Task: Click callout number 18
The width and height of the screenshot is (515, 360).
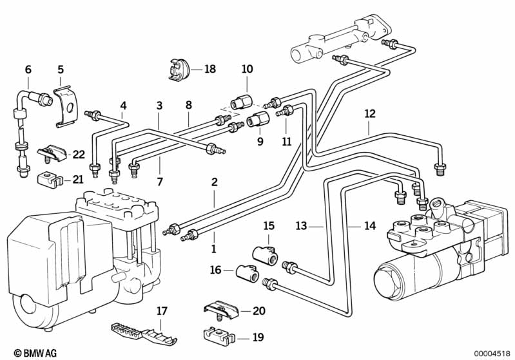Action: (211, 69)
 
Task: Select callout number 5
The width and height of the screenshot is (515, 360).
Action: (61, 69)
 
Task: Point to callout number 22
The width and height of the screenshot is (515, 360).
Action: (79, 155)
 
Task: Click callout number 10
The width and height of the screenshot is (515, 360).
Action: (248, 69)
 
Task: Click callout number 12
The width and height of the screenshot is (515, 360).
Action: (369, 114)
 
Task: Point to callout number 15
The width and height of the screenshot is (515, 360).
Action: (269, 225)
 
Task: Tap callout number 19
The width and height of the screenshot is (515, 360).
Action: (258, 336)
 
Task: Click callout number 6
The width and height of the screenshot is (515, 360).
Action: (28, 69)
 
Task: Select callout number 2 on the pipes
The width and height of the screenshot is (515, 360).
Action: (213, 182)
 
